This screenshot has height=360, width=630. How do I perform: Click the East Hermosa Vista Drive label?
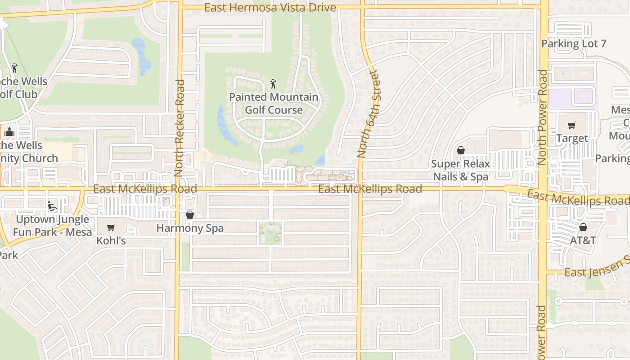270,8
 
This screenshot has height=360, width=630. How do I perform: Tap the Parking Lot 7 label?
574,44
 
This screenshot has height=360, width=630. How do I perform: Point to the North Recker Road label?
180,128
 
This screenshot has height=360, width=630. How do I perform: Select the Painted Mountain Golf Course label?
274,103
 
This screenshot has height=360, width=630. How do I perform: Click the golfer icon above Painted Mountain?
273,83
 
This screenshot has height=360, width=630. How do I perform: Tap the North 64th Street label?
369,113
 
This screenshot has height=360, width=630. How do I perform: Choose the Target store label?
572,139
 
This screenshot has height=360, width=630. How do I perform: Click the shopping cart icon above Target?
571,126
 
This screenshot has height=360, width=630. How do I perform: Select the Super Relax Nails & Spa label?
460,170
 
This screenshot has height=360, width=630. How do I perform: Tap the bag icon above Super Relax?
460,150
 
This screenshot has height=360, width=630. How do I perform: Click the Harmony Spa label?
190,228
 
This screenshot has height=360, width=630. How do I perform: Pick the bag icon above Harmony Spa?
189,215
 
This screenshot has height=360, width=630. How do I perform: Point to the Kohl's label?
111,241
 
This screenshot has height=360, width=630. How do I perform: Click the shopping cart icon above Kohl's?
111,227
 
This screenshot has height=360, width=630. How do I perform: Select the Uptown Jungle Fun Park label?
52,226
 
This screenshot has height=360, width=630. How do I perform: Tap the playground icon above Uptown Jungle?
52,206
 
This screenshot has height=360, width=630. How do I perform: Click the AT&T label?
583,240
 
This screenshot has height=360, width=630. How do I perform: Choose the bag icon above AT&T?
583,227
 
